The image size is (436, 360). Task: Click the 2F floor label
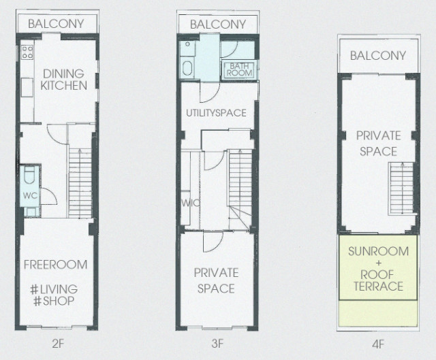click(x=58, y=344)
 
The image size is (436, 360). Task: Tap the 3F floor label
click(x=217, y=344)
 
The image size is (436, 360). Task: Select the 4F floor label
click(x=378, y=345)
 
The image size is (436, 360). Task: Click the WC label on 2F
click(x=30, y=196)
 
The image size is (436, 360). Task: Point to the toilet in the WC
click(x=29, y=175)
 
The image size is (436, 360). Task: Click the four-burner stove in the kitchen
click(x=27, y=52)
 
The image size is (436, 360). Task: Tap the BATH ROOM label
click(x=239, y=69)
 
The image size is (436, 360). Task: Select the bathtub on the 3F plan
click(x=187, y=69)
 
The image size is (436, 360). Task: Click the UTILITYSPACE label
click(x=217, y=113)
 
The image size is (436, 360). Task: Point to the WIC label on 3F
click(x=190, y=203)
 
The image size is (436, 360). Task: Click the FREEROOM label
click(x=56, y=265)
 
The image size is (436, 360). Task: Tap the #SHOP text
click(x=54, y=301)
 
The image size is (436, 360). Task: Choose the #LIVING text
click(x=54, y=289)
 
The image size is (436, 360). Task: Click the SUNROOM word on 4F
click(x=379, y=251)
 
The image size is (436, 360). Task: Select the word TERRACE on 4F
click(x=379, y=287)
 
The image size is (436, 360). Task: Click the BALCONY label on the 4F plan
click(x=378, y=56)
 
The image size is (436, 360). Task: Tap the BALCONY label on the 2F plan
click(x=56, y=24)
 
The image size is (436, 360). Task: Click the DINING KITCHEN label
click(x=63, y=80)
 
